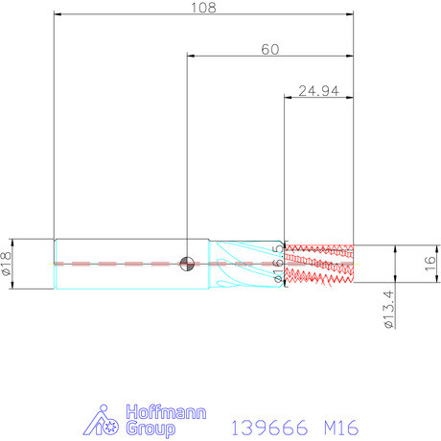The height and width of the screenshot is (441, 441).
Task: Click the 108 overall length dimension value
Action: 203,8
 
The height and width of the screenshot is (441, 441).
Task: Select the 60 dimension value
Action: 270,50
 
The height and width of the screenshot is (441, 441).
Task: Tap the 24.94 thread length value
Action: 318,91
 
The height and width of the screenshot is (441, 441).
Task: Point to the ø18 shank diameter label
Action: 7,264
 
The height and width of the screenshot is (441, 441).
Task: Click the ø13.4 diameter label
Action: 389,309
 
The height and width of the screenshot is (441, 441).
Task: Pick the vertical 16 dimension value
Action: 430,264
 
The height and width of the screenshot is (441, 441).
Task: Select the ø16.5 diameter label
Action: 279,264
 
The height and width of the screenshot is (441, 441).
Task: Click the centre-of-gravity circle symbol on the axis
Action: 187,264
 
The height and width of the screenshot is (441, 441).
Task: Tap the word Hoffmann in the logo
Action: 166,412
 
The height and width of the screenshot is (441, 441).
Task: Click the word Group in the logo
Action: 151,429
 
